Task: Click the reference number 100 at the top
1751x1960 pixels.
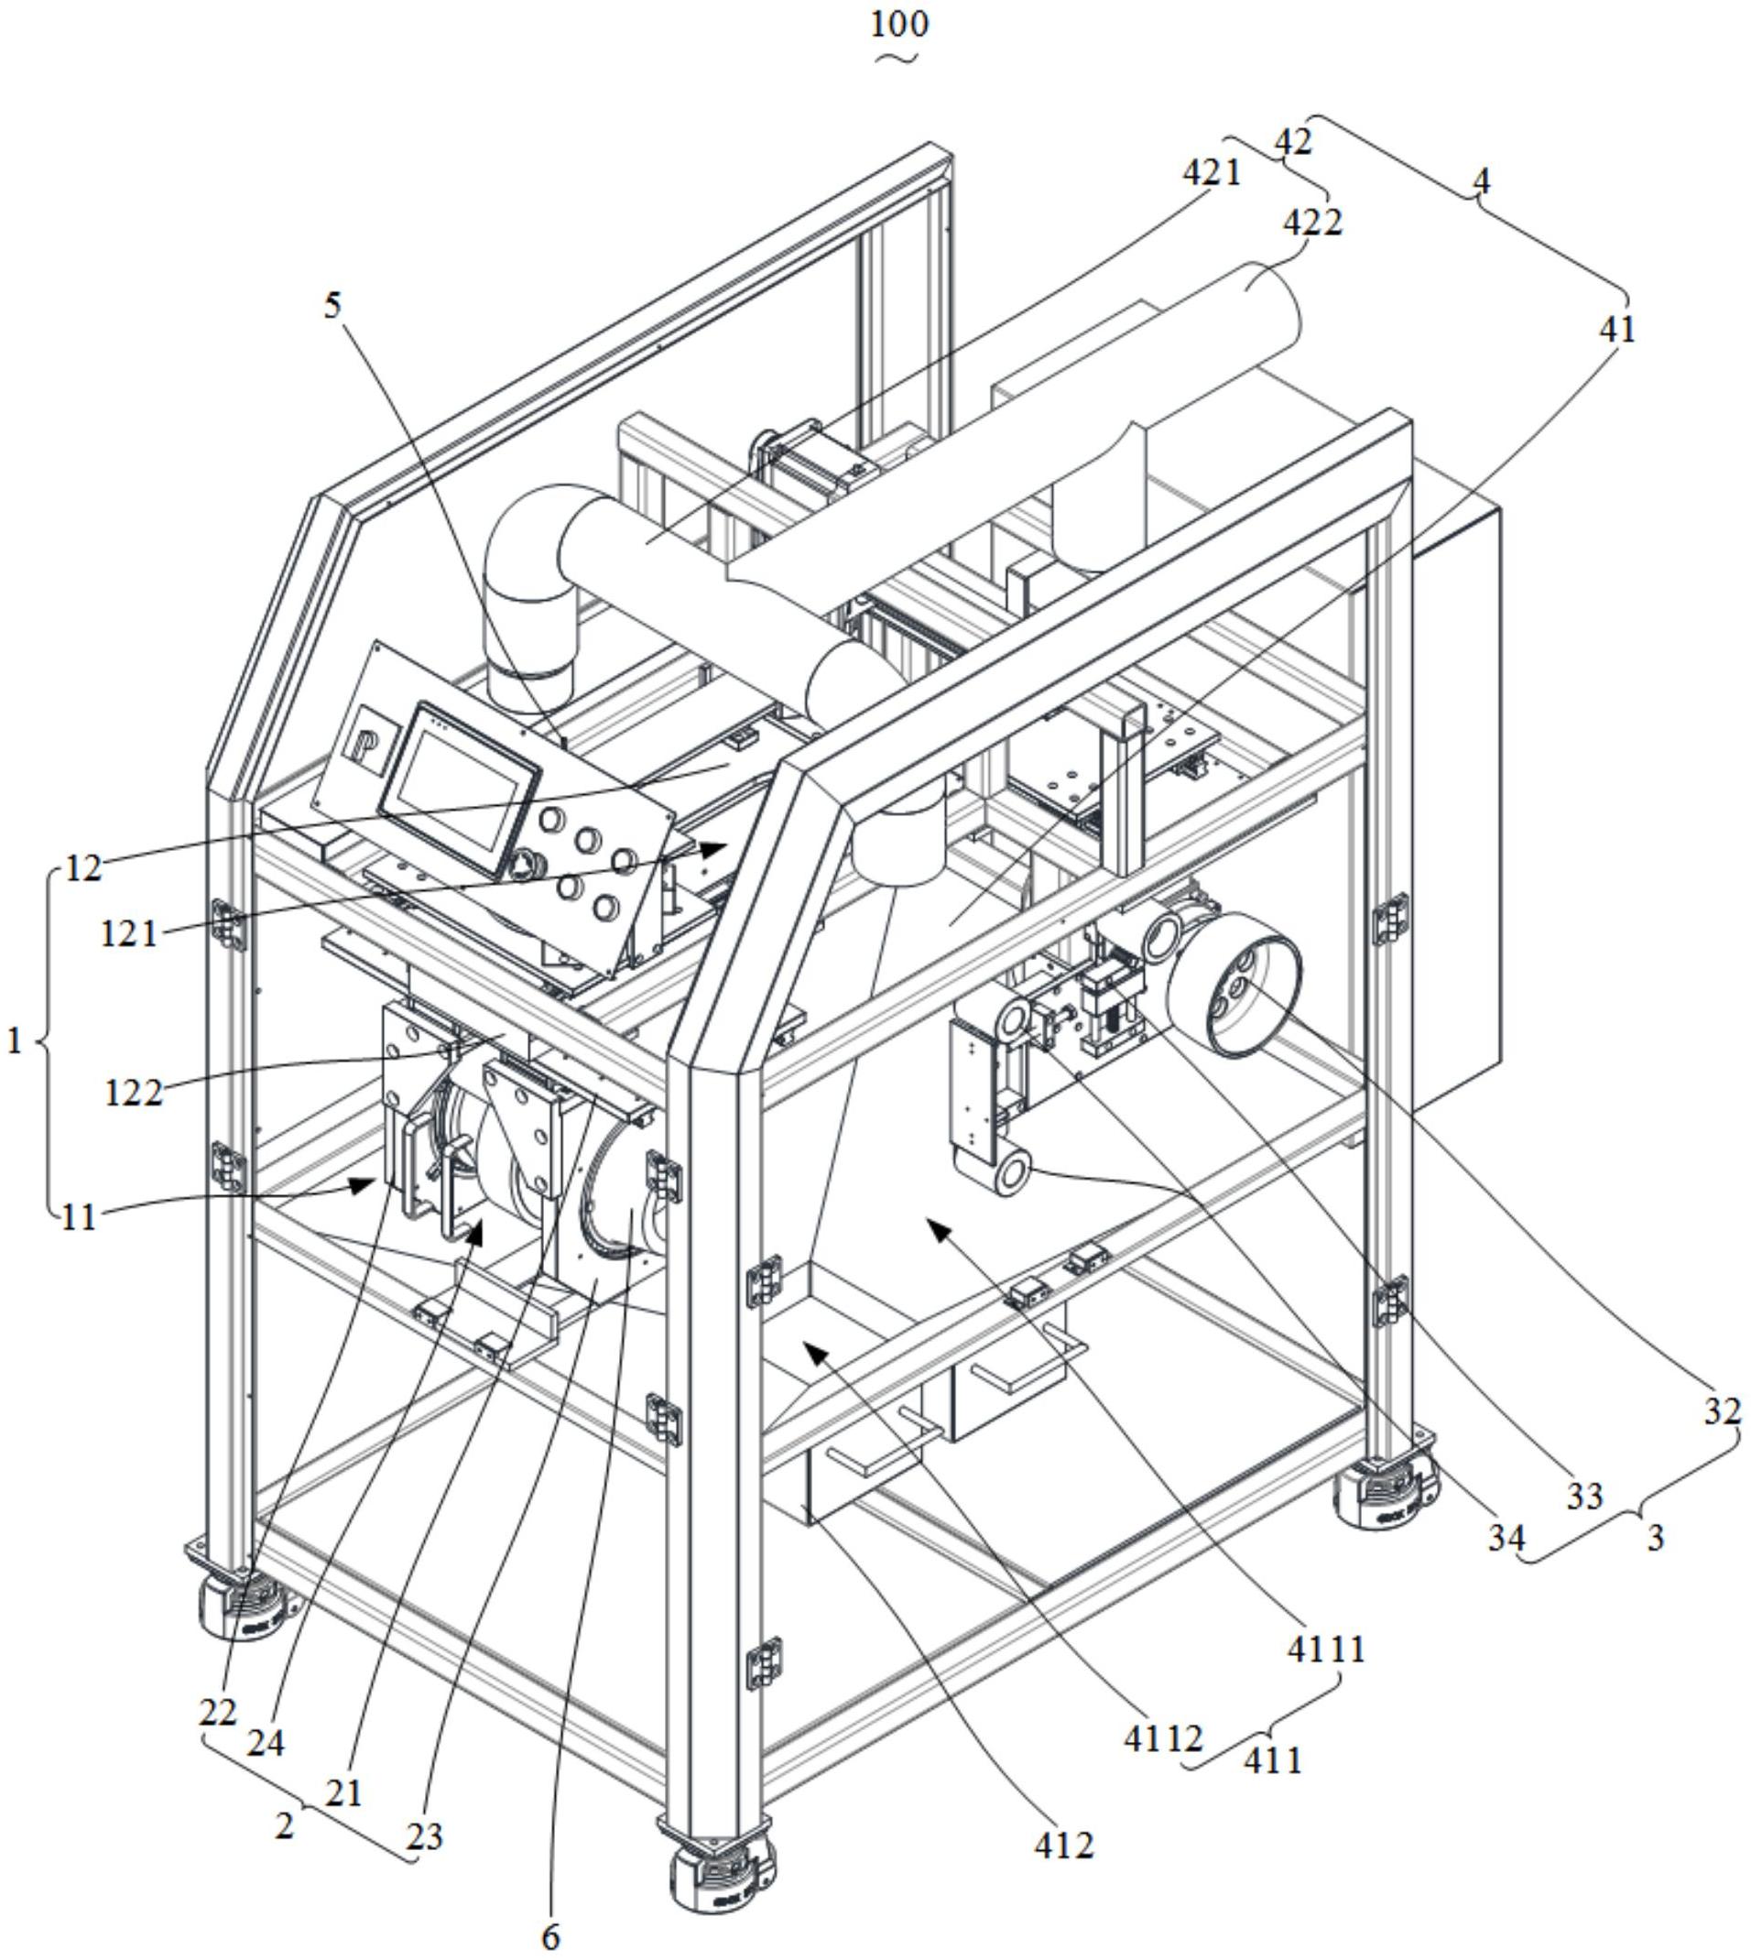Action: pos(899,23)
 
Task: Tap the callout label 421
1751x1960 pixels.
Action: pos(1212,173)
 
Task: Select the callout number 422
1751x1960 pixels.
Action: pos(1313,223)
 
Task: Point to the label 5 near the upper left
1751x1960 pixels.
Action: pos(332,306)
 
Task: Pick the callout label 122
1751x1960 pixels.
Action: pos(133,1093)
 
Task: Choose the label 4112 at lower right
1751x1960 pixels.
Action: pos(1164,1737)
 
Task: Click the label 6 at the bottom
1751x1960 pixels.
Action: pos(550,1936)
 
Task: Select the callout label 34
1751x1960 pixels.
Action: pos(1506,1539)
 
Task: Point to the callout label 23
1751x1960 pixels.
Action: pos(424,1837)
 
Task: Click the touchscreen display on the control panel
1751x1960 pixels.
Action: pos(459,788)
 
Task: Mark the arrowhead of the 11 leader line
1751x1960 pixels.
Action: pos(364,1183)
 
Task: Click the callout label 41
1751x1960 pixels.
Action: pos(1616,330)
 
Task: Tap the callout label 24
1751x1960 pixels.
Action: pos(266,1743)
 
